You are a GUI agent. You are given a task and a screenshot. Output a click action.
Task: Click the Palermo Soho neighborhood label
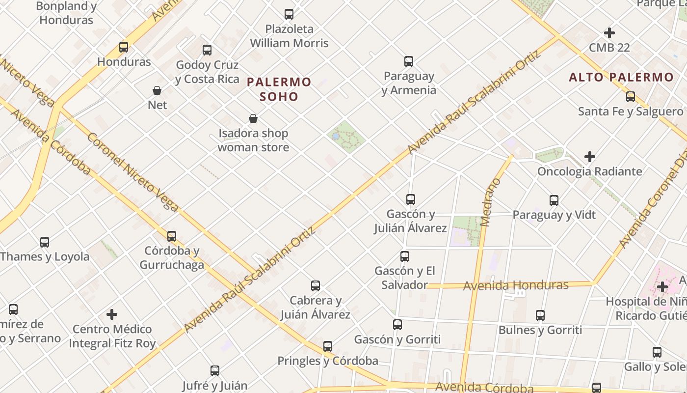coord(279,89)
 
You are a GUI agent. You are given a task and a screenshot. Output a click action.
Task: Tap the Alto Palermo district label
coord(621,77)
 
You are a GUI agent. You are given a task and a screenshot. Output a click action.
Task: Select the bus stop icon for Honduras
coord(124,47)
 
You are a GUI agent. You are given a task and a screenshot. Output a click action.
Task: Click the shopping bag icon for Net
coord(157,90)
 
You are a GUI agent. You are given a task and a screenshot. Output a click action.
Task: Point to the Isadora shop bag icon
coord(253,118)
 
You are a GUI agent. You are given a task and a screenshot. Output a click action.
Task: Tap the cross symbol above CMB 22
coord(609,33)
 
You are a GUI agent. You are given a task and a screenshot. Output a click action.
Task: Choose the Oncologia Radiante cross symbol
coord(590,157)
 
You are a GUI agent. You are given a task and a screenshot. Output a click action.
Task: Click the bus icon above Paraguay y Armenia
coord(409,61)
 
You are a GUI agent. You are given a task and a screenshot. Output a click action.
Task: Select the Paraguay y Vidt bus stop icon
coord(554,200)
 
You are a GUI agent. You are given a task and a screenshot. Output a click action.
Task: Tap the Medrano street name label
coord(492,202)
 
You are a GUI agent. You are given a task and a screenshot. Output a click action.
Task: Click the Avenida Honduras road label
coord(516,285)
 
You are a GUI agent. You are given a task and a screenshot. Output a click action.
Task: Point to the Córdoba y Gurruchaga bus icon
coord(172,236)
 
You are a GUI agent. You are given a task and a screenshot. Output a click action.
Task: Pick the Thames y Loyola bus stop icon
coord(45,242)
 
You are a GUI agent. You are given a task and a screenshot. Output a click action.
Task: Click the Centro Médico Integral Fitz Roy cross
coord(112,314)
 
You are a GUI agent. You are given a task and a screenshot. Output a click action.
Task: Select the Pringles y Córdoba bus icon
coord(328,346)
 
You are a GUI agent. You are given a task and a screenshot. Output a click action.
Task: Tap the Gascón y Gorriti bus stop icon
coord(397,325)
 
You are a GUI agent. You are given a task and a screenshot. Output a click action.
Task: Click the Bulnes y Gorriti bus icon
coord(540,315)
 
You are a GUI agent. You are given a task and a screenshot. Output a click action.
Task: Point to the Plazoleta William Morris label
coord(289,36)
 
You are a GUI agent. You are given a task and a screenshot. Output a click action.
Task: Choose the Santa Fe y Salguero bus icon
coord(631,97)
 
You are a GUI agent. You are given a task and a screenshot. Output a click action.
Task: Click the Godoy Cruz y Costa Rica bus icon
coord(207,50)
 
